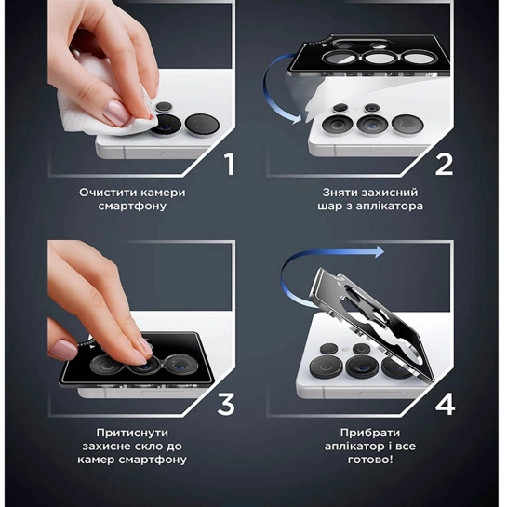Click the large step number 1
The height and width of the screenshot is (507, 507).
(x=230, y=165)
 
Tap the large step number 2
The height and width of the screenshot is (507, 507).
(x=444, y=165)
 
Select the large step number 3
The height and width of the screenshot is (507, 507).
(x=226, y=404)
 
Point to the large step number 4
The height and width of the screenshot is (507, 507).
(x=445, y=404)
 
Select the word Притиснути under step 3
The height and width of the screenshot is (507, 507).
(x=132, y=433)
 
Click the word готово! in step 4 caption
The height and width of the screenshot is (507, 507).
(x=370, y=460)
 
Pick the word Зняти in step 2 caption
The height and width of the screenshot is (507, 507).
(x=340, y=193)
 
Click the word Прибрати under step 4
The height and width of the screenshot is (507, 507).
(x=370, y=433)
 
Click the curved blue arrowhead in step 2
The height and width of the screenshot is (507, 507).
(x=296, y=119)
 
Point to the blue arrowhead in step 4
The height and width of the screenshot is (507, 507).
(x=379, y=251)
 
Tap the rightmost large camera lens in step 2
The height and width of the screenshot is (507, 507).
(x=407, y=125)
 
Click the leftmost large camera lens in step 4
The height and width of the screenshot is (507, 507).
(x=326, y=366)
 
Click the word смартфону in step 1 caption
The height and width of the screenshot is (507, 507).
(x=132, y=207)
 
